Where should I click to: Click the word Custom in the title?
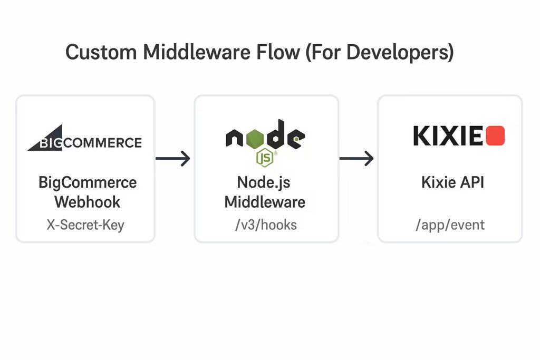tap(101, 52)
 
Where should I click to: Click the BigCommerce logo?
tap(85, 138)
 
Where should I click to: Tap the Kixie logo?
tap(459, 135)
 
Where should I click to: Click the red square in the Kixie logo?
tap(495, 135)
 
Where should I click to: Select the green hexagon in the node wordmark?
tap(255, 139)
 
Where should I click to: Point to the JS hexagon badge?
tap(265, 158)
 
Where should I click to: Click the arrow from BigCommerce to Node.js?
tap(172, 158)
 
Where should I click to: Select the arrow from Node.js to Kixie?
tap(356, 158)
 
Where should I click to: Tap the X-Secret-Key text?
tap(85, 225)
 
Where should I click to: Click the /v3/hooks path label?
tap(266, 225)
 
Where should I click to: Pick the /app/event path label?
tap(450, 225)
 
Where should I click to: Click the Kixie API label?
tap(452, 182)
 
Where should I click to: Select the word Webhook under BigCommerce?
tap(88, 202)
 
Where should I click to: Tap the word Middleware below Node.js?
tap(265, 202)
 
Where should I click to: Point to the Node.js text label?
tap(264, 183)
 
